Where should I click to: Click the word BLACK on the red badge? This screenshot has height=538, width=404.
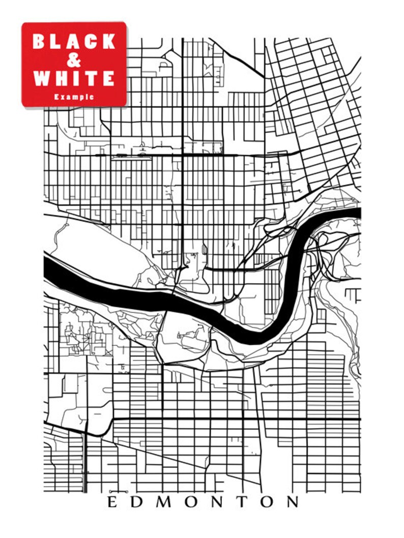74,42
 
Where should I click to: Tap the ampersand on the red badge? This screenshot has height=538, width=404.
74,61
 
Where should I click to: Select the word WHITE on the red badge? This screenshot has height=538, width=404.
74,78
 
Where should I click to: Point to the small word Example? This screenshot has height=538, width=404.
74,96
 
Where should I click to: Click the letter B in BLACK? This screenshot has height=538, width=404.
40,42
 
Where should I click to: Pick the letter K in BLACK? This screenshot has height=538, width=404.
109,42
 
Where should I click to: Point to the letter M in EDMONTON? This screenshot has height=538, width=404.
162,502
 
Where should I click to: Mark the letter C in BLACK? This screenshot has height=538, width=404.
91,42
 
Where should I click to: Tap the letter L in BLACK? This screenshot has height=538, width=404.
56,42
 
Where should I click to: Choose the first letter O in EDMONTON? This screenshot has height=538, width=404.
189,502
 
